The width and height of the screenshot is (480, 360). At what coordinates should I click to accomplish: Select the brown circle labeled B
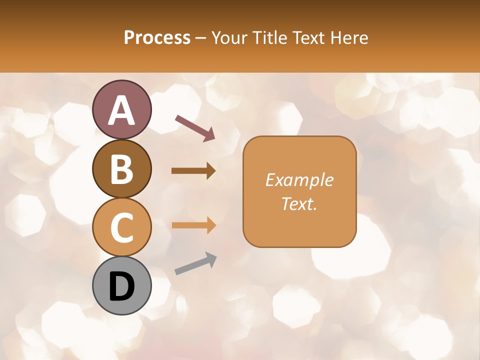[121, 168]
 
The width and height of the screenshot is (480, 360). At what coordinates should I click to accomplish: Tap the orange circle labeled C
[121, 227]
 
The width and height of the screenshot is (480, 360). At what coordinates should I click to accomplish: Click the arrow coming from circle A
[194, 127]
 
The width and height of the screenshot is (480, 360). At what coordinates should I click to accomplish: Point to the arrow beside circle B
[193, 171]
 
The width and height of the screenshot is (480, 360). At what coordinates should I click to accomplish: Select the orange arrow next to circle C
[193, 225]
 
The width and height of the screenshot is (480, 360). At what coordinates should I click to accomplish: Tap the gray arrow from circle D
[195, 263]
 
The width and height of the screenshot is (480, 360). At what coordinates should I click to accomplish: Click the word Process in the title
[157, 37]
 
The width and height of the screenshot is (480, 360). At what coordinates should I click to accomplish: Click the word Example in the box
[299, 180]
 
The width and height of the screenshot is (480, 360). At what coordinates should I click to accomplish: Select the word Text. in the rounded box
[299, 204]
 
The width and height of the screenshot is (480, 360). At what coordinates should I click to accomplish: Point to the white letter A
[121, 110]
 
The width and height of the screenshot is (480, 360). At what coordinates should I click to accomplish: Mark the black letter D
[121, 286]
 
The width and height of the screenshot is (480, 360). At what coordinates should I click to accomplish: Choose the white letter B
[121, 168]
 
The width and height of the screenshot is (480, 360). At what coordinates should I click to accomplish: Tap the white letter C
[121, 227]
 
